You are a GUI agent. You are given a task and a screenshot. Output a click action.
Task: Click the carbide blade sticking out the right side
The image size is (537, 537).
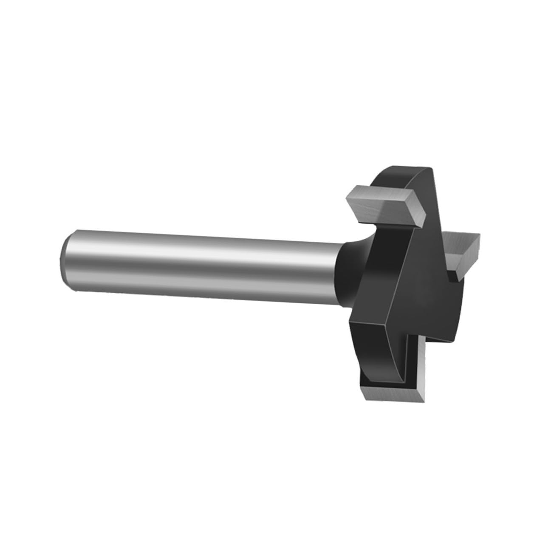coord(463,251)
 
